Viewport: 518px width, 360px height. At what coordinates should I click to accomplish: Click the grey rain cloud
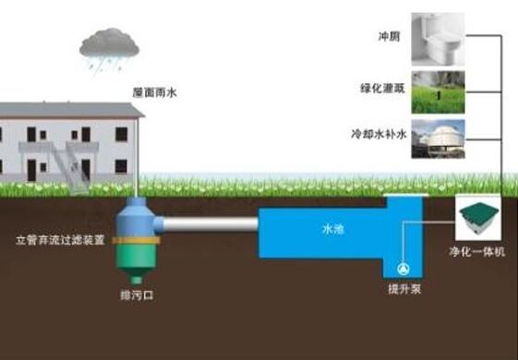(x=109, y=43)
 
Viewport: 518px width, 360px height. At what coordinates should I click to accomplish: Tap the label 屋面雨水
(x=154, y=92)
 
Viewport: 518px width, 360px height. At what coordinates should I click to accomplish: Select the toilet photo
(x=438, y=40)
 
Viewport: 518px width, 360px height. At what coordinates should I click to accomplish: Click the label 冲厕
(x=389, y=36)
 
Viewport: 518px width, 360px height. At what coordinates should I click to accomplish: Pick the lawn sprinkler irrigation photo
(x=438, y=92)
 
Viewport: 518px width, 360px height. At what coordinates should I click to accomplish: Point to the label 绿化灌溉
(x=382, y=89)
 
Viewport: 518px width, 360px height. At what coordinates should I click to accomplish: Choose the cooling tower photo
(x=438, y=138)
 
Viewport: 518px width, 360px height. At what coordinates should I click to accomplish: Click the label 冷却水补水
(x=379, y=134)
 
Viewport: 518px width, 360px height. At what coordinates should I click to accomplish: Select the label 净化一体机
(x=477, y=252)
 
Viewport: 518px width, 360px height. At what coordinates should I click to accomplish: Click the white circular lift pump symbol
(x=403, y=269)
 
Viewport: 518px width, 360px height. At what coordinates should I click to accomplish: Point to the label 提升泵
(x=404, y=289)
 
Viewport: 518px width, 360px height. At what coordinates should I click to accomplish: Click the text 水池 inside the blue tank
(x=333, y=229)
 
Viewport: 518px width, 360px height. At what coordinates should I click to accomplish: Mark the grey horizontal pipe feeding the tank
(x=211, y=224)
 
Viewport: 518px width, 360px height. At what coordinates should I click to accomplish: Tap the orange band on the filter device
(x=136, y=240)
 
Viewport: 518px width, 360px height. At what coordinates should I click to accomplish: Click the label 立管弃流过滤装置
(x=60, y=240)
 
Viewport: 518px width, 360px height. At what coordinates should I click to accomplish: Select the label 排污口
(x=137, y=295)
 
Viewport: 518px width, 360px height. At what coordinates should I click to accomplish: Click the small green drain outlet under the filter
(x=136, y=281)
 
